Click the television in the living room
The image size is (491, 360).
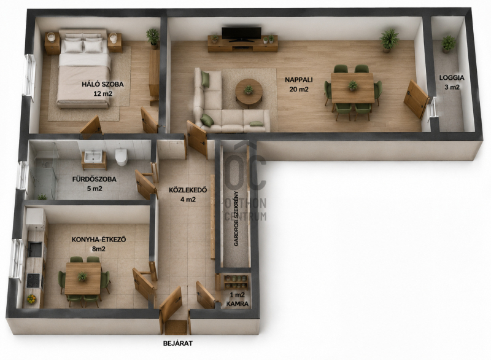click(241, 34)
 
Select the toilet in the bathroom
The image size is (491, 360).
click(121, 157)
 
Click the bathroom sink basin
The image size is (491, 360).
click(92, 156)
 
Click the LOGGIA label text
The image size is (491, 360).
click(452, 77)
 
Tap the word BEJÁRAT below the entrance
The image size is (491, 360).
click(178, 343)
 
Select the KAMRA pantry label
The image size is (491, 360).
click(238, 303)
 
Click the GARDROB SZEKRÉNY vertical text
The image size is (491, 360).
click(236, 218)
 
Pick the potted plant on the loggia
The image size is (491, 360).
click(448, 44)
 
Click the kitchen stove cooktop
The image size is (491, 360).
click(33, 280)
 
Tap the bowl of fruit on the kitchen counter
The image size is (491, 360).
click(31, 299)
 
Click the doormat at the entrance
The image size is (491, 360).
click(176, 327)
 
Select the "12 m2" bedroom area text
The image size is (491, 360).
click(102, 93)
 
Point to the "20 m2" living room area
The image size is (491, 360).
click(299, 89)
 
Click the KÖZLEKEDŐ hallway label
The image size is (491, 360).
click(188, 190)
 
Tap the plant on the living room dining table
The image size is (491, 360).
click(353, 85)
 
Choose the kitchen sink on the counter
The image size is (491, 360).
click(34, 248)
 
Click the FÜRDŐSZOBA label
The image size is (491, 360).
click(95, 179)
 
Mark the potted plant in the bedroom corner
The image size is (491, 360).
click(153, 38)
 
